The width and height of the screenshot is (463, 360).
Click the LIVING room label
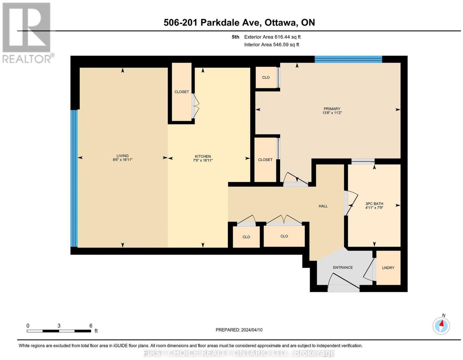[x=122, y=156]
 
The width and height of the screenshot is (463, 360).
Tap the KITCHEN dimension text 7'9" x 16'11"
[x=203, y=160]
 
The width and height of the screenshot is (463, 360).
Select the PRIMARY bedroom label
[x=332, y=109]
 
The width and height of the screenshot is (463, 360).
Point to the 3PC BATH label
[x=374, y=204]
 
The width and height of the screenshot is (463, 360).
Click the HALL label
[x=323, y=206]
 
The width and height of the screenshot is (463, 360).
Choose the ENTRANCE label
[x=343, y=268]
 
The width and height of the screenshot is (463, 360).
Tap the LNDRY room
[x=388, y=268]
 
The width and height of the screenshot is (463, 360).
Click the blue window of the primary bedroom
[x=348, y=59]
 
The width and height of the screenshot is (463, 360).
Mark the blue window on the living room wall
[x=74, y=178]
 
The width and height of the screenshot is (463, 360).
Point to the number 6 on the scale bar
[x=91, y=326]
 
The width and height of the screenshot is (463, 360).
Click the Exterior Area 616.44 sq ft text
[x=272, y=37]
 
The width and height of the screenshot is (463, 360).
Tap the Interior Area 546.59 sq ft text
[x=272, y=45]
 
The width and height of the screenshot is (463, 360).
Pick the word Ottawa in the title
[x=281, y=22]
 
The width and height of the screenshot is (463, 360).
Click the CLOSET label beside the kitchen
[x=181, y=92]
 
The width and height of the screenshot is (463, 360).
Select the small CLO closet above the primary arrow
[x=266, y=77]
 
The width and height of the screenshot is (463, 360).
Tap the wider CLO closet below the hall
[x=284, y=236]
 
